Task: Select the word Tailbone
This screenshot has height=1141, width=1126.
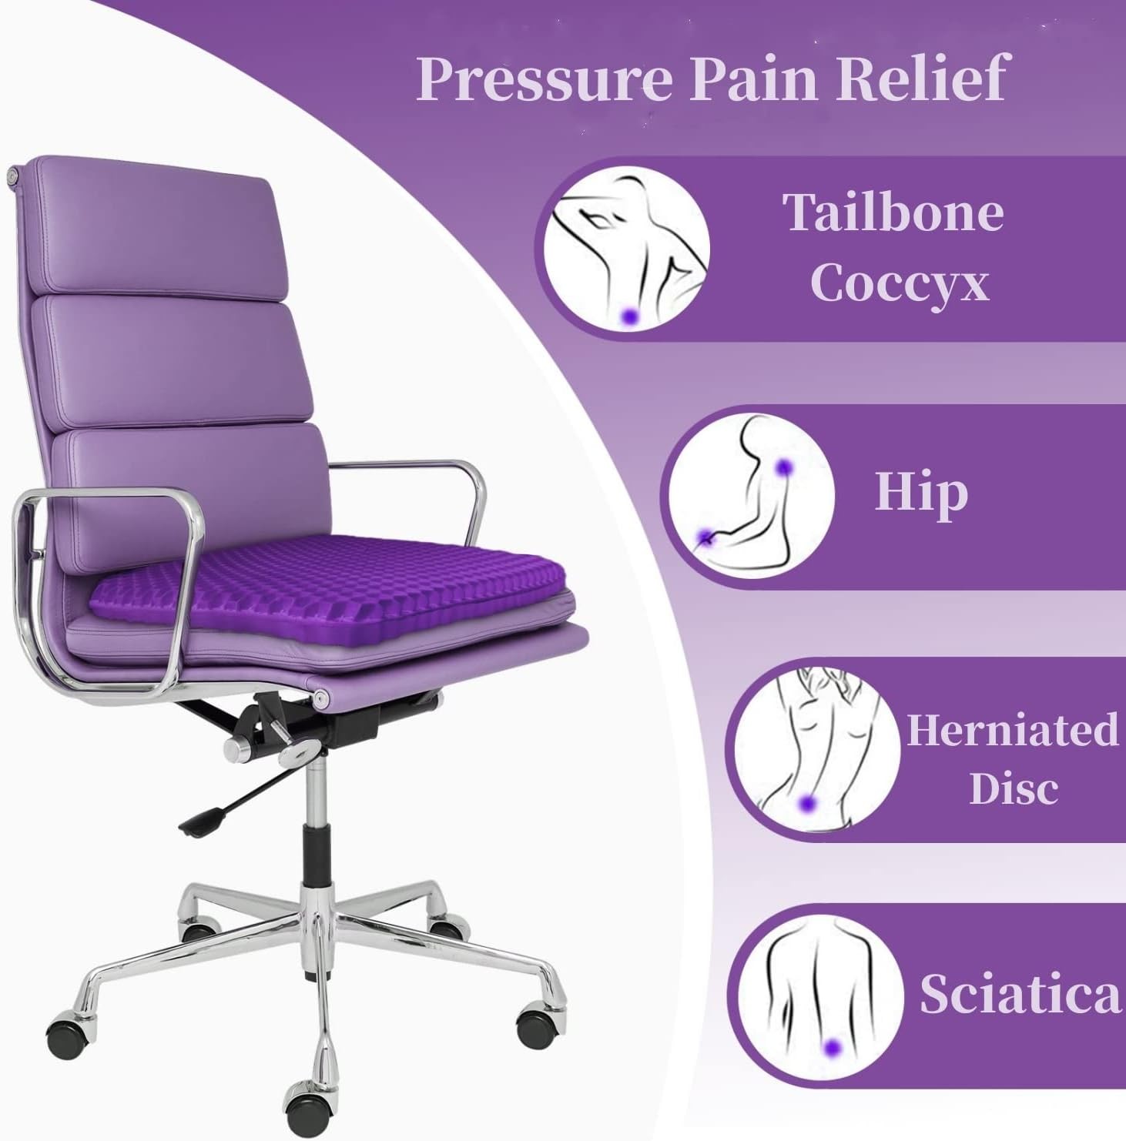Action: pyautogui.click(x=893, y=212)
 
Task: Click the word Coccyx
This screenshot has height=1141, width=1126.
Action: pyautogui.click(x=899, y=283)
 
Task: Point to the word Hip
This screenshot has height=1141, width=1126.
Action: pyautogui.click(x=921, y=493)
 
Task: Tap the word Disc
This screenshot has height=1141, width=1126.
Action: pyautogui.click(x=1014, y=788)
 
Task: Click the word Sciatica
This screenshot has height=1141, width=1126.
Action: pyautogui.click(x=1020, y=994)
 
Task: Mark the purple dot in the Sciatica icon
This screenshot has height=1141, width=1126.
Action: pyautogui.click(x=831, y=1046)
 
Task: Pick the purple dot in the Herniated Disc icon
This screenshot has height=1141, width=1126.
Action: pyautogui.click(x=807, y=804)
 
